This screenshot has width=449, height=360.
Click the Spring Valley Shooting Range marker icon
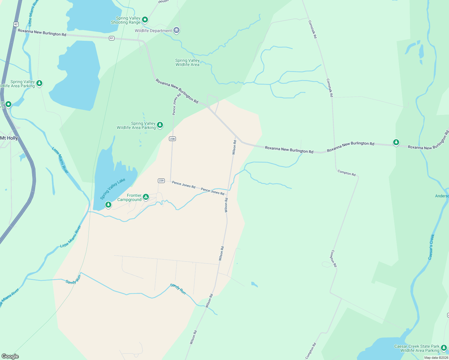coord(145,20)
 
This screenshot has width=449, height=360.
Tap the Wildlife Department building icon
coord(176,30)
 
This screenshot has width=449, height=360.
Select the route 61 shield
coord(112,38)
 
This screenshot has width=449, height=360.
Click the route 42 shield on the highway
coord(16,24)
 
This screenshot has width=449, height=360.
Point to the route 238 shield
coord(172,139)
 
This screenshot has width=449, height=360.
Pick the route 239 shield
coord(161,181)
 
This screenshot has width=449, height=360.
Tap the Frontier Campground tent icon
coord(146,197)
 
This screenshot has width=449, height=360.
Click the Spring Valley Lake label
coord(113,189)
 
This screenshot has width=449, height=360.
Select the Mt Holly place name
coord(9,138)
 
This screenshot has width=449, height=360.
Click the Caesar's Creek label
coord(431,247)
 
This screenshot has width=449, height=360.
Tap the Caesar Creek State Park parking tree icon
coord(444,348)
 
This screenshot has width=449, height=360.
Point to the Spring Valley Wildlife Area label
coord(187,62)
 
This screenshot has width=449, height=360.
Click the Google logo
coord(10,356)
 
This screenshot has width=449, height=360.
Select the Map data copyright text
coord(436,358)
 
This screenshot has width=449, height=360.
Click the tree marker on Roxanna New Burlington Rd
coord(396,142)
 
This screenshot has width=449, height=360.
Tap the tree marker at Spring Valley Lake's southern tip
coord(108,205)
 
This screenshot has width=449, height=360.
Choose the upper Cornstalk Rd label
coord(313,29)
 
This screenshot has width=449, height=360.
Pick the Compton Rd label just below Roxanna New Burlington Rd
coord(346,173)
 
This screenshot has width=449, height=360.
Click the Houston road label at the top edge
coord(164,1)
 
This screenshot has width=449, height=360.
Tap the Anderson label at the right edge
coord(442,196)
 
